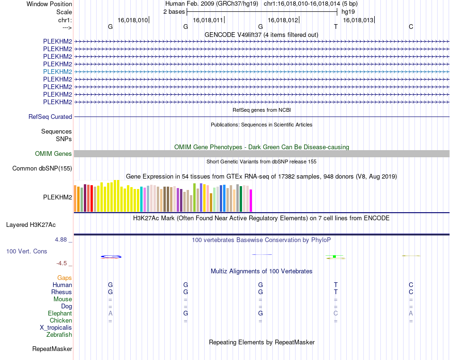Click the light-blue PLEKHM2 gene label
point(57,72)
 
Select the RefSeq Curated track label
point(50,117)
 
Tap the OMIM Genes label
point(54,153)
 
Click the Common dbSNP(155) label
point(42,168)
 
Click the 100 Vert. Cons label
point(27,251)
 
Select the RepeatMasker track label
point(52,349)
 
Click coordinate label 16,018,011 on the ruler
point(208,20)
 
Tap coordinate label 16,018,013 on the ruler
point(358,20)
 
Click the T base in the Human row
point(336,285)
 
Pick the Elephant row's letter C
point(336,313)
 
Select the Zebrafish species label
point(59,334)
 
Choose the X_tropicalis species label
point(56,327)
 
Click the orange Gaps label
point(64,278)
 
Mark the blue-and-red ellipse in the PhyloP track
point(111,257)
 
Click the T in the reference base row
point(336,27)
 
